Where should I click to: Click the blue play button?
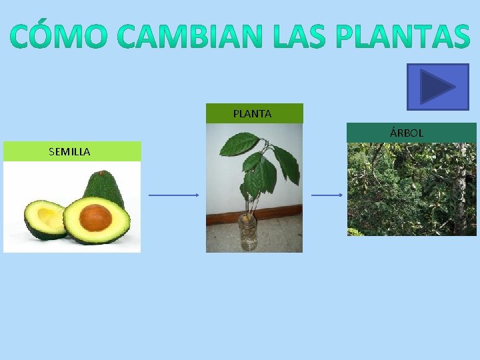pyautogui.click(x=437, y=87)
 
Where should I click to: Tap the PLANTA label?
pyautogui.click(x=253, y=113)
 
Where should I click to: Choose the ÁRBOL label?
pyautogui.click(x=407, y=133)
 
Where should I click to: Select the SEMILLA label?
pyautogui.click(x=70, y=151)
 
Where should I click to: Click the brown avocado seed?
pyautogui.click(x=95, y=218)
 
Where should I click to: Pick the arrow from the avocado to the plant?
pyautogui.click(x=173, y=195)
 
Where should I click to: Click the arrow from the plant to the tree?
pyautogui.click(x=327, y=195)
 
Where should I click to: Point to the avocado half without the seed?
pyautogui.click(x=43, y=220)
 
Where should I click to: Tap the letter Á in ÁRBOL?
pyautogui.click(x=393, y=133)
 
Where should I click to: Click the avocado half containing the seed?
pyautogui.click(x=97, y=220)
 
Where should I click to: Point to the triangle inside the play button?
pyautogui.click(x=437, y=87)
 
